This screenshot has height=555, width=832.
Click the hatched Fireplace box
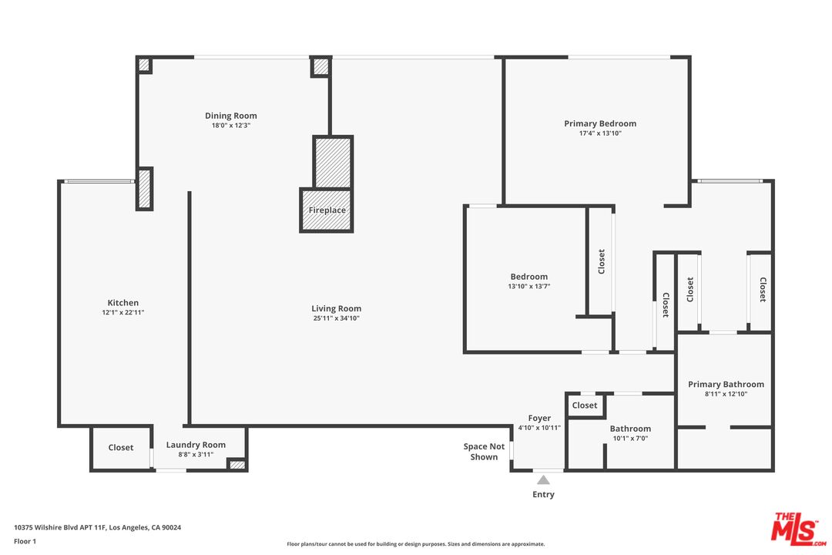pyautogui.click(x=327, y=210)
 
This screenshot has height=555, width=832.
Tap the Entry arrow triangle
pyautogui.click(x=543, y=480)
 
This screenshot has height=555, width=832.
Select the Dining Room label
pyautogui.click(x=231, y=116)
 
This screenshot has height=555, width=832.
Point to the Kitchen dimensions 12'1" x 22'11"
pyautogui.click(x=123, y=312)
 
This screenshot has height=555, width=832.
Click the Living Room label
pyautogui.click(x=337, y=308)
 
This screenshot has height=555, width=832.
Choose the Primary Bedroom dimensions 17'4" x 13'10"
pyautogui.click(x=600, y=133)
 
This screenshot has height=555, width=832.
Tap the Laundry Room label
pyautogui.click(x=196, y=445)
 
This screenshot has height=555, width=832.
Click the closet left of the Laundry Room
pyautogui.click(x=121, y=448)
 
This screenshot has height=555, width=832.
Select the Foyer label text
pyautogui.click(x=539, y=418)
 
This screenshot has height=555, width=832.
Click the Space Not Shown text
pyautogui.click(x=484, y=452)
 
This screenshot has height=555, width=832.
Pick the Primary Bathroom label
pyautogui.click(x=726, y=384)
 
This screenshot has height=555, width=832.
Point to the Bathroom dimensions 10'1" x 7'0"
pyautogui.click(x=630, y=438)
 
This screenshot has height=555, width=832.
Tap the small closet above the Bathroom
pyautogui.click(x=585, y=405)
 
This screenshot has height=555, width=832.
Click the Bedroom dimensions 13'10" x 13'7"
pyautogui.click(x=529, y=286)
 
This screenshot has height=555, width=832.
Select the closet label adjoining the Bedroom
pyautogui.click(x=601, y=261)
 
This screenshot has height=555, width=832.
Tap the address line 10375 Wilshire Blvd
pyautogui.click(x=98, y=527)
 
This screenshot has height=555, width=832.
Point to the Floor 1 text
pyautogui.click(x=25, y=541)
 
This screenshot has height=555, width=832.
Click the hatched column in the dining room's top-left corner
pyautogui.click(x=144, y=65)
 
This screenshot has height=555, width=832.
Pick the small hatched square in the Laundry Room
pyautogui.click(x=237, y=465)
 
